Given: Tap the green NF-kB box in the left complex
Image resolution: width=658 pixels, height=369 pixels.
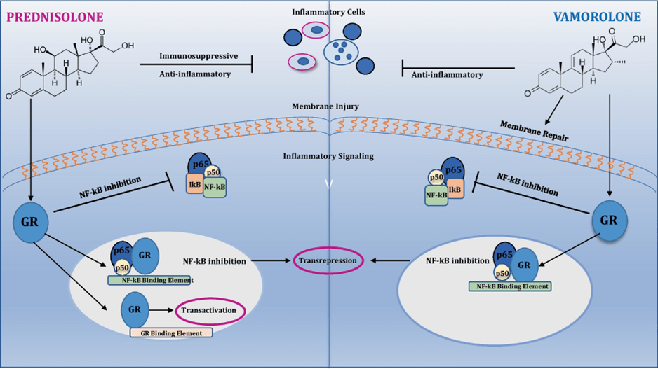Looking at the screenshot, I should point(215,188).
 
